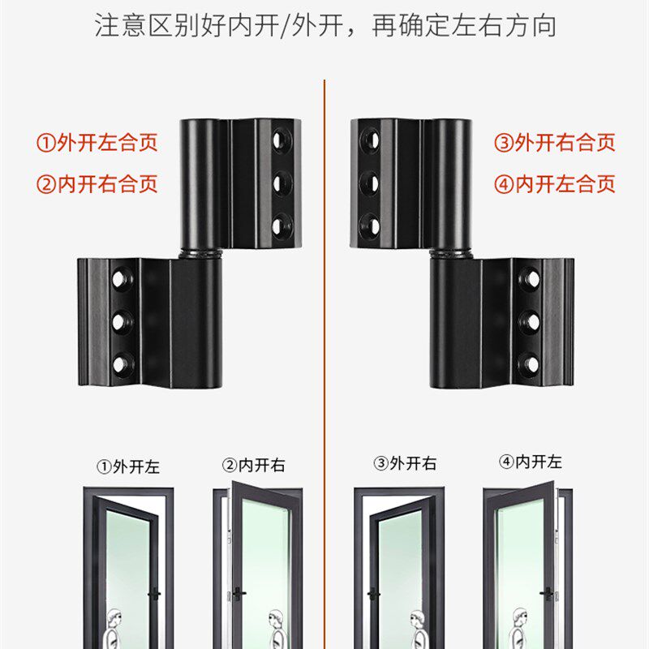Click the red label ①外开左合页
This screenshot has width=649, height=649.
pos(97,144)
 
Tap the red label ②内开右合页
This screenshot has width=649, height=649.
pos(97,183)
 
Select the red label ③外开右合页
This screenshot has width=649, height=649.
pos(555,144)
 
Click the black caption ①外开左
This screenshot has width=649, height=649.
pos(128,466)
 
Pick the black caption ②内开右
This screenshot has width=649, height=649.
pos(254,466)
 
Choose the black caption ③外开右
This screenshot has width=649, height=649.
pos(405,464)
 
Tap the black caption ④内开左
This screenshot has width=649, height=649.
pos(531,462)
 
